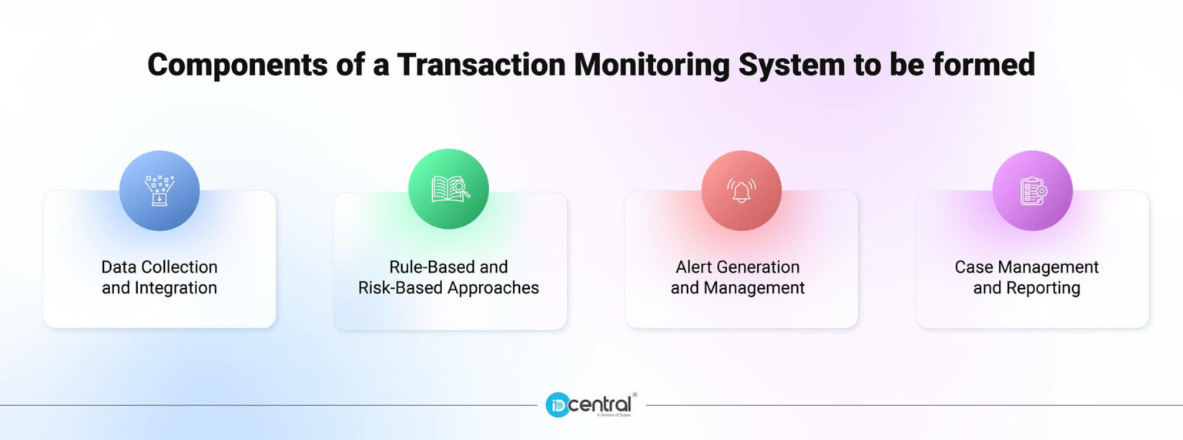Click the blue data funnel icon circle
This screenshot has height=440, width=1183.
(159, 190)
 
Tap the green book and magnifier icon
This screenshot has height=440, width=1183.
(449, 189)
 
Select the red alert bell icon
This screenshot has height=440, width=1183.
(741, 190)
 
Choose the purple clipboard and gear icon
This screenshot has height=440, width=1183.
(1032, 190)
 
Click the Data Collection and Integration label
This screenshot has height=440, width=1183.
(159, 277)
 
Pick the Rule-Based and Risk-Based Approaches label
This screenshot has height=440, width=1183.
(449, 277)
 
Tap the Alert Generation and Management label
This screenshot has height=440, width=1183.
(738, 277)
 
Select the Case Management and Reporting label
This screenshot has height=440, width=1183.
(1027, 277)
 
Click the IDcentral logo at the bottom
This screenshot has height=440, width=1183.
(590, 405)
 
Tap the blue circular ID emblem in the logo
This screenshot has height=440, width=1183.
(558, 405)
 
